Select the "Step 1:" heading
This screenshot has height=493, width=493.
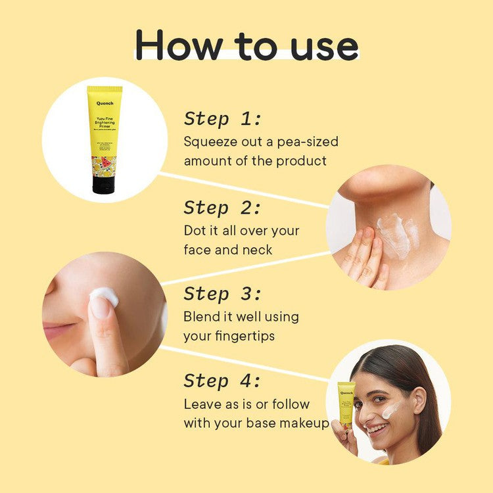pyautogui.click(x=222, y=119)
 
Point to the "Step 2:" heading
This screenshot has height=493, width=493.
pyautogui.click(x=222, y=208)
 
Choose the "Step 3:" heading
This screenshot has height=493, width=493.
pyautogui.click(x=222, y=293)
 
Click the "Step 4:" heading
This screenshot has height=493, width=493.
pyautogui.click(x=222, y=381)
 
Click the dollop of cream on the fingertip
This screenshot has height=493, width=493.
pyautogui.click(x=104, y=296)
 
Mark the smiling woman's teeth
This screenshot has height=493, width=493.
pyautogui.click(x=377, y=429)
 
